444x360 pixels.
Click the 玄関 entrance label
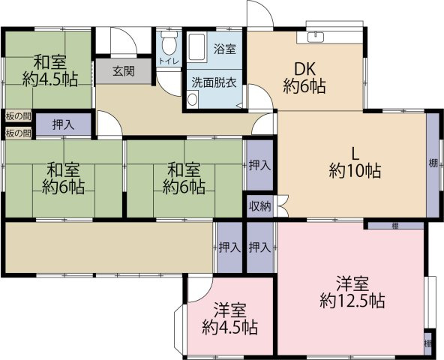coord(124,71)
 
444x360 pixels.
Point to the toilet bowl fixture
coord(169,41)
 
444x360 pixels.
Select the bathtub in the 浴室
coord(197,49)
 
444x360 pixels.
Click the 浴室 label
coord(224,49)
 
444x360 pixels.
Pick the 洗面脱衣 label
coord(214,82)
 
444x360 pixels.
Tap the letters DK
coord(304,66)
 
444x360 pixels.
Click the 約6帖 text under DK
coord(304,86)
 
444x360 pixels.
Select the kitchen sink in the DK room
coord(318,36)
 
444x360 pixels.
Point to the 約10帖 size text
coord(354,170)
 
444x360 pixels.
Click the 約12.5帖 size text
coord(352,301)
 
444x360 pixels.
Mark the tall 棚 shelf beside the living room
coord(433,163)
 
